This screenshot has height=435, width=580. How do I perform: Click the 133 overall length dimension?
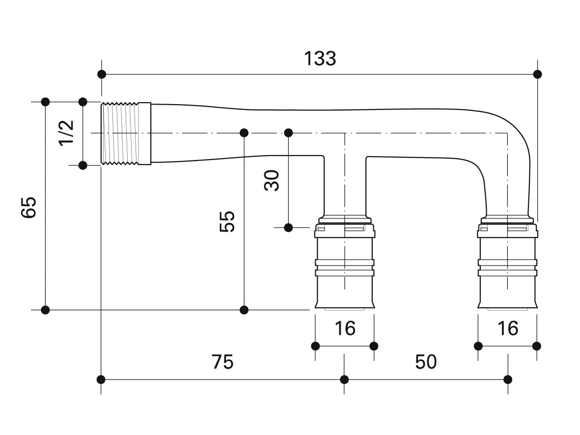320,58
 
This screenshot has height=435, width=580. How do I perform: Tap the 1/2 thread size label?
66,133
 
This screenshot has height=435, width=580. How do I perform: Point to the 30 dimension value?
272,180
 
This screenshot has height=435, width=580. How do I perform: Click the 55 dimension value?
227,221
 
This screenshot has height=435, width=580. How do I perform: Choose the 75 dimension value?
222,362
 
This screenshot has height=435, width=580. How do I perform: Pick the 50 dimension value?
426,362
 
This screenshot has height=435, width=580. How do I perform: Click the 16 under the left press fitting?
344,328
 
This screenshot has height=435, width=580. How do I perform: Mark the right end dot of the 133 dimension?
537,74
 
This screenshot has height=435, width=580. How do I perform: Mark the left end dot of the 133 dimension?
102,74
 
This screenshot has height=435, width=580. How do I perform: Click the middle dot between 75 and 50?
344,380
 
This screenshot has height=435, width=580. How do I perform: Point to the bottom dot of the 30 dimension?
288,227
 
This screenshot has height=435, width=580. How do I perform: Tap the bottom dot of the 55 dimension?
244,310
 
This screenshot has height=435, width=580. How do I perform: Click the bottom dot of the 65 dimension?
45,310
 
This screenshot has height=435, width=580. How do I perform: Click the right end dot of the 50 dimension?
508,380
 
